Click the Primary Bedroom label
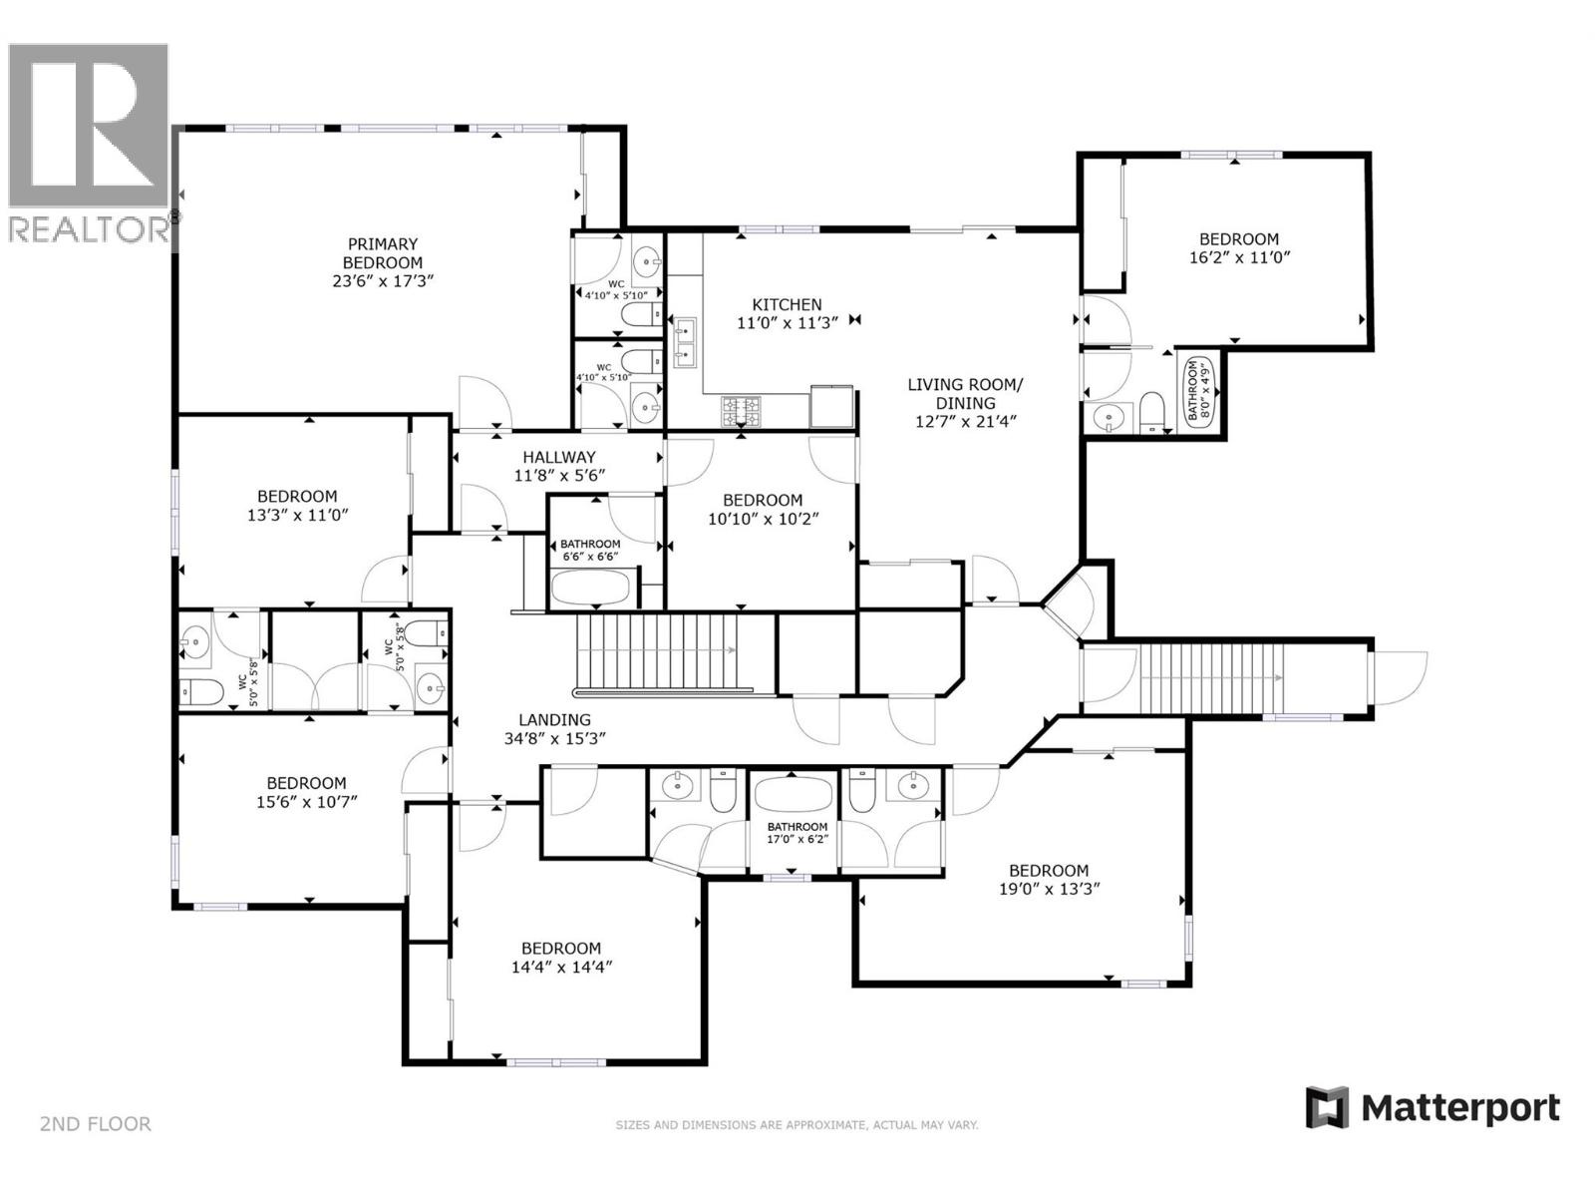click(x=383, y=262)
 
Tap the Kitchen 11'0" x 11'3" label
click(x=787, y=313)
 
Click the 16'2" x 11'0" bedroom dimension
click(x=1238, y=257)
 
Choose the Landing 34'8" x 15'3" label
click(x=554, y=729)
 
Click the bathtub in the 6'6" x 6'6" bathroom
click(x=591, y=590)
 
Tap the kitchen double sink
click(x=685, y=340)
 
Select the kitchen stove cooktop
click(x=741, y=409)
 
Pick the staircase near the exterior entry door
click(x=1210, y=677)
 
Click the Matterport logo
click(x=1433, y=1107)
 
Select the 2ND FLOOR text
click(x=96, y=1124)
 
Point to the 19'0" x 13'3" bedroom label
click(x=1049, y=879)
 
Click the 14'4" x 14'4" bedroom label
click(x=561, y=958)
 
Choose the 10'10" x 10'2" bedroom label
click(x=763, y=509)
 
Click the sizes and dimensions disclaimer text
click(x=797, y=1125)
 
